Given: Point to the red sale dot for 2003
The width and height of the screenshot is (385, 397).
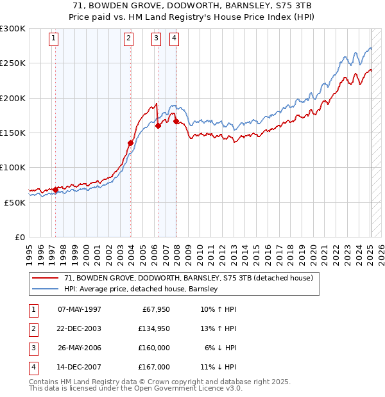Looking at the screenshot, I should pyautogui.click(x=130, y=143).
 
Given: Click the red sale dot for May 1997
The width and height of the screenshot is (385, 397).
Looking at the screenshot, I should pyautogui.click(x=55, y=190).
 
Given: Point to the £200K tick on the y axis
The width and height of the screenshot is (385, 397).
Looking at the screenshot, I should pyautogui.click(x=13, y=98).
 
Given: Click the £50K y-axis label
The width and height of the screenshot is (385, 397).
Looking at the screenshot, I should pyautogui.click(x=15, y=202).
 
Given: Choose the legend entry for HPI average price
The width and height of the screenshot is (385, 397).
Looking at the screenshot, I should pyautogui.click(x=141, y=289).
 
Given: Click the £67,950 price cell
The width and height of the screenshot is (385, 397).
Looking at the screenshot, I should pyautogui.click(x=156, y=309).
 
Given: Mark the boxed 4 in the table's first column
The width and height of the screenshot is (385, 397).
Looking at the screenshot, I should pyautogui.click(x=33, y=367).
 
